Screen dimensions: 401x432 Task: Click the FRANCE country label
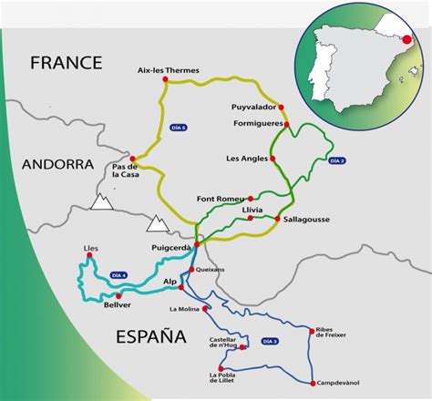66,63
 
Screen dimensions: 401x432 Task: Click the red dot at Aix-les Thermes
165,79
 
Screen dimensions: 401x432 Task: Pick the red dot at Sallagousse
277,219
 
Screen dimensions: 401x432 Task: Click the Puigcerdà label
170,246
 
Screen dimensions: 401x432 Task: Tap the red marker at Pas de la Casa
133,159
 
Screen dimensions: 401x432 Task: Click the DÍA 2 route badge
337,161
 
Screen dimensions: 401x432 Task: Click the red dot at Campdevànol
313,383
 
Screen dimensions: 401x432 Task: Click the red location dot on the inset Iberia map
406,39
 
